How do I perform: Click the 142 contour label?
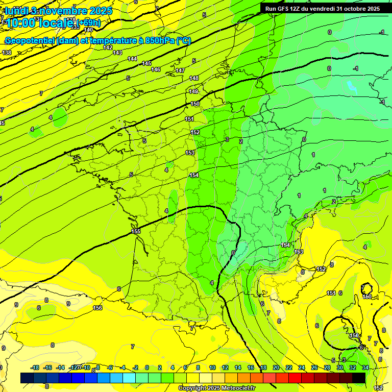tap(108, 47)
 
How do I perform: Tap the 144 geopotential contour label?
tap(132, 59)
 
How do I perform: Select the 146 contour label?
tap(156, 69)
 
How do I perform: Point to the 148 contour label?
tap(194, 78)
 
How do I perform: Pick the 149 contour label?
tap(193, 91)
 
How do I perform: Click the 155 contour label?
tap(136, 231)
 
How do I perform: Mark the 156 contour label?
tap(97, 308)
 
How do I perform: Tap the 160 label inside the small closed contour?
tap(367, 297)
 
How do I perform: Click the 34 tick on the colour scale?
tap(365, 367)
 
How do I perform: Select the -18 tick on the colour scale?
tap(35, 367)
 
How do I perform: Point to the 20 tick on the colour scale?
tap(276, 367)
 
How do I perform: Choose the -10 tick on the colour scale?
tap(86, 367)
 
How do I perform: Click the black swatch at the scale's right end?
tap(359, 378)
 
